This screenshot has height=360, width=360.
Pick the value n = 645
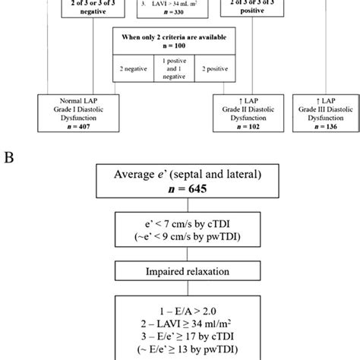pyautogui.click(x=180, y=190)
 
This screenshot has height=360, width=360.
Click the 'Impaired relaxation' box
pyautogui.click(x=180, y=271)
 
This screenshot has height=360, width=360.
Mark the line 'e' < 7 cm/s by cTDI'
pyautogui.click(x=180, y=224)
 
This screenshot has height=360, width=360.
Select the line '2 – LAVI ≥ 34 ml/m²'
pyautogui.click(x=180, y=322)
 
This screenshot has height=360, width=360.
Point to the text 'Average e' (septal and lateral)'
pyautogui.click(x=180, y=175)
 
